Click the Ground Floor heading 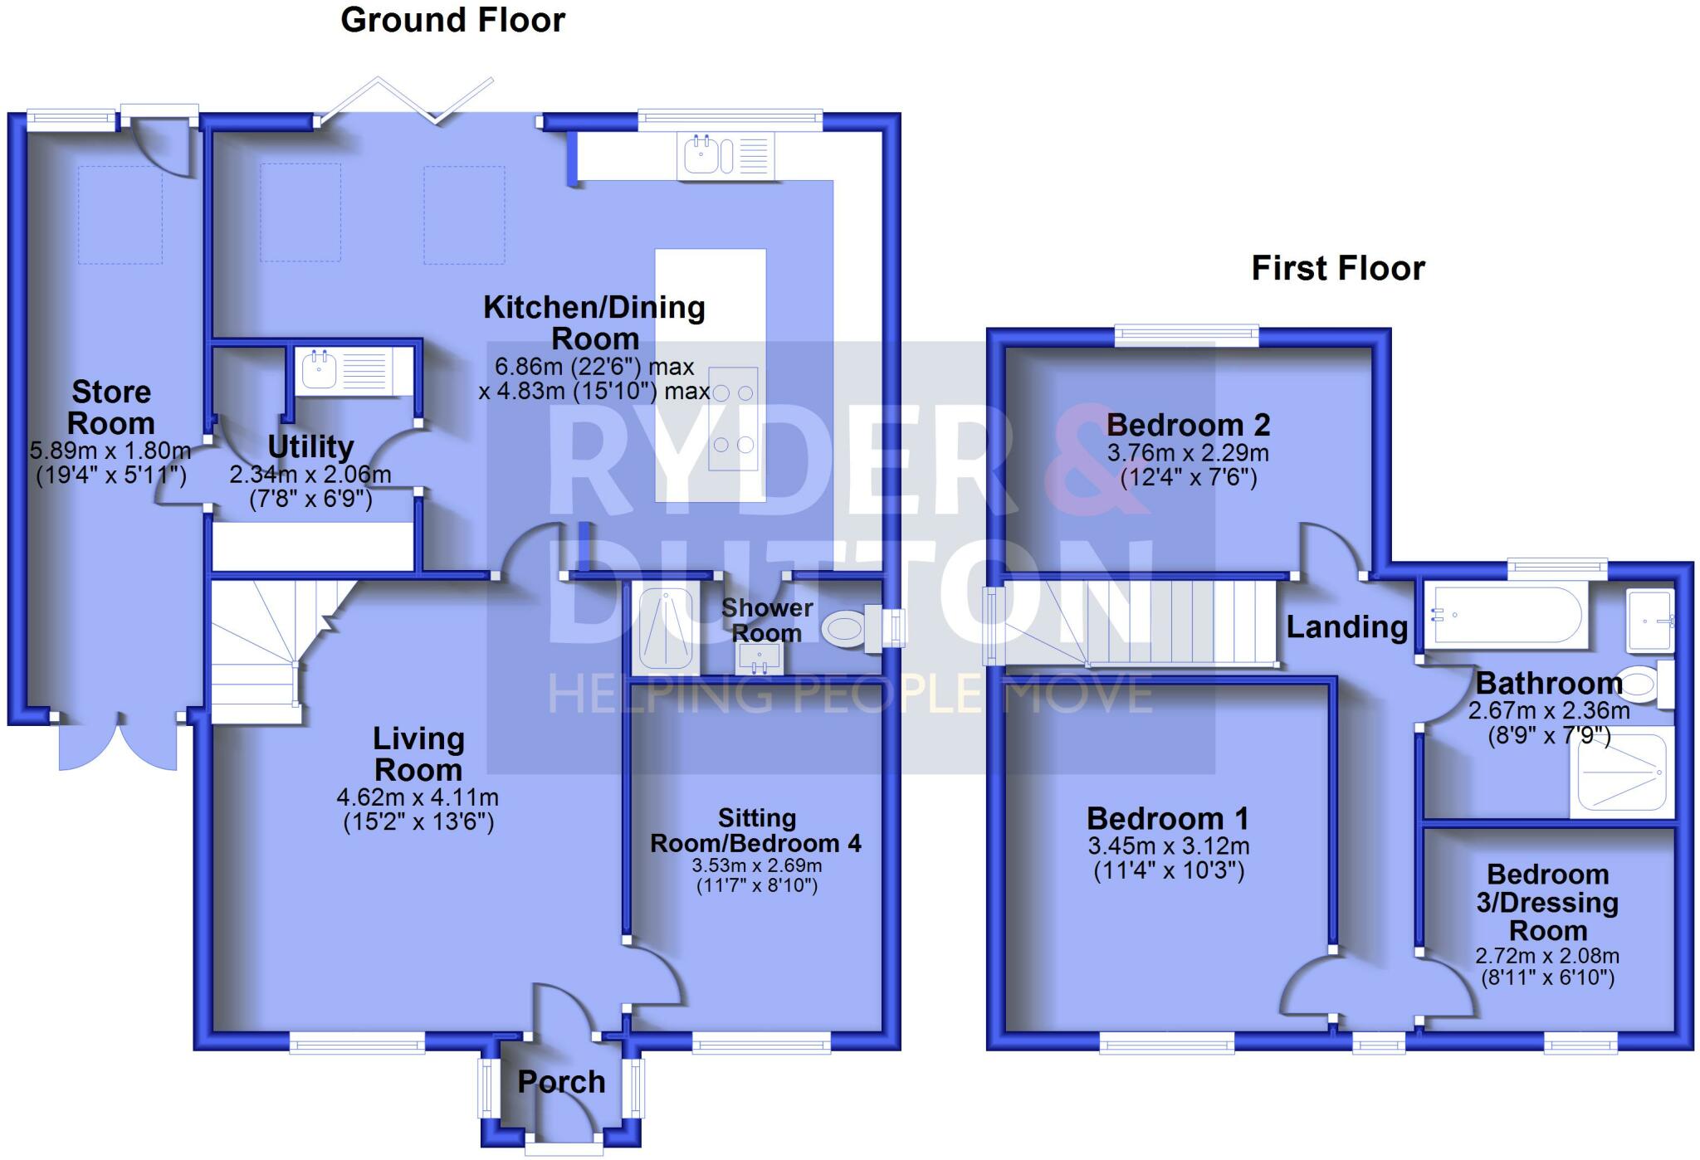point(452,20)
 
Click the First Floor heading point(1337,268)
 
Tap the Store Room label point(111,407)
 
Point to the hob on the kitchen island point(733,418)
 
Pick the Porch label point(561,1082)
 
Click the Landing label point(1346,627)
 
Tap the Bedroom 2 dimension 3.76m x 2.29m point(1187,453)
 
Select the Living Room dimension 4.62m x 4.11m point(418,798)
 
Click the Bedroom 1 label point(1167,819)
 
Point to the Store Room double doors point(118,743)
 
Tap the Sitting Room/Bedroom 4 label point(756,831)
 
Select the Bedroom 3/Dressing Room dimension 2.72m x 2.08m point(1547,956)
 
